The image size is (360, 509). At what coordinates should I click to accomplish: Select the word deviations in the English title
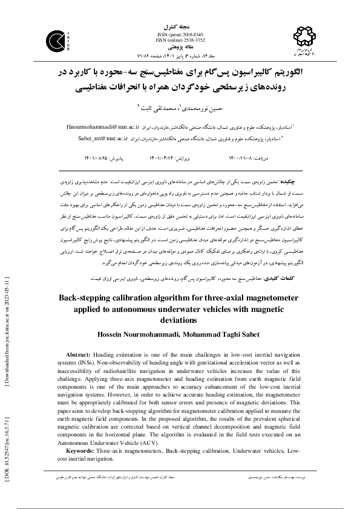tap(180, 320)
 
